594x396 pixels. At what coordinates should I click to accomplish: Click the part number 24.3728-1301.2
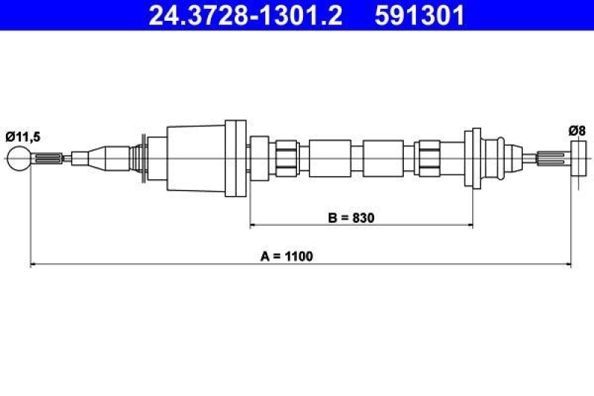click(246, 15)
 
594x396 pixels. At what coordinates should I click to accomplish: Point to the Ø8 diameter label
click(578, 131)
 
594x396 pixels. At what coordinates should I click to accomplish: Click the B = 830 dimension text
click(351, 218)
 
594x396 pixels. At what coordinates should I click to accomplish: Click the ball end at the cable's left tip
click(19, 158)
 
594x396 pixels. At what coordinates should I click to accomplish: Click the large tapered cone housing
click(195, 158)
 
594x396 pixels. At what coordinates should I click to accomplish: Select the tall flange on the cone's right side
click(235, 158)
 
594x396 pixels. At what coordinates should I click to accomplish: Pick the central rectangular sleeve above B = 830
click(329, 158)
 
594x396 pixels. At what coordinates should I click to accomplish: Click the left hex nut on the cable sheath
click(285, 158)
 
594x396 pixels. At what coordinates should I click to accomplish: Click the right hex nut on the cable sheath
click(429, 158)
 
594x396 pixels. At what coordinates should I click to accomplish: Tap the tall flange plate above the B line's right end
click(472, 158)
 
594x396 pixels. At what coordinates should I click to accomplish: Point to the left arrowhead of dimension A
click(33, 264)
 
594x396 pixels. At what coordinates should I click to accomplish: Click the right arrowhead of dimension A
click(567, 264)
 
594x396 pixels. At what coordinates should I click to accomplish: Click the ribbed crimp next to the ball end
click(46, 158)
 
